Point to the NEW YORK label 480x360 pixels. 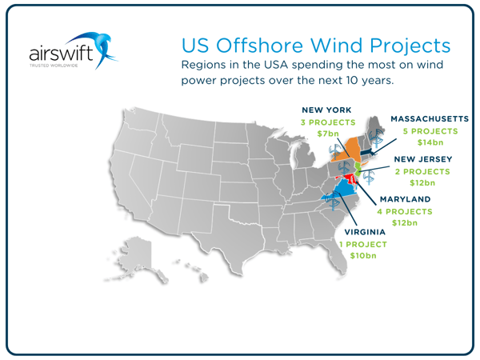pos(326,109)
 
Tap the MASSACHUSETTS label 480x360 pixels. pos(430,118)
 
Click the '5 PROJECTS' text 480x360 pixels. pos(428,130)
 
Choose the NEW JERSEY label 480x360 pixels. pos(422,159)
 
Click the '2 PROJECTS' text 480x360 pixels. pos(422,171)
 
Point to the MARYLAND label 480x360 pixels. pos(405,199)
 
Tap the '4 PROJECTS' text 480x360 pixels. pos(405,211)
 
